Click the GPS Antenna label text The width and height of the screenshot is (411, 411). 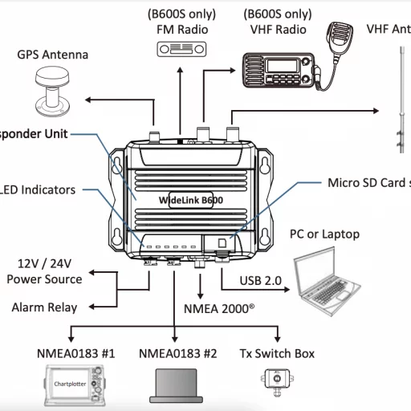53,55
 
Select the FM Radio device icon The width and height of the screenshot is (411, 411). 182,47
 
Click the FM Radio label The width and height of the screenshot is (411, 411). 182,30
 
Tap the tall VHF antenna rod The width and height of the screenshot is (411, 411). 399,96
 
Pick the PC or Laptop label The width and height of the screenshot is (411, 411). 324,234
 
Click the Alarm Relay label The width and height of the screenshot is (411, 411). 45,307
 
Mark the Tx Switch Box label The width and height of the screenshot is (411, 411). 278,353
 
